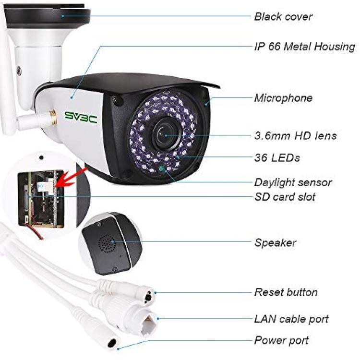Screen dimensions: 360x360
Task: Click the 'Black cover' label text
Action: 283,16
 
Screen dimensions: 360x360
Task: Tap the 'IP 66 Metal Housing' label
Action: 305,47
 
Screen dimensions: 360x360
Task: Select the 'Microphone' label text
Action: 283,98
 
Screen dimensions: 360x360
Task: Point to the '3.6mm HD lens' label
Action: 296,135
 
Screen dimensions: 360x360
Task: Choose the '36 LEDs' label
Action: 277,158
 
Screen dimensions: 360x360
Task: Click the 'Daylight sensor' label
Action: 293,182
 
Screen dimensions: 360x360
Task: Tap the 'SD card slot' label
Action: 285,197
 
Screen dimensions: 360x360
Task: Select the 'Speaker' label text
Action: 276,243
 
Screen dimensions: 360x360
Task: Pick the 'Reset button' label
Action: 286,292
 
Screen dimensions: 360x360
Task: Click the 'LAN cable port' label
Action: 291,319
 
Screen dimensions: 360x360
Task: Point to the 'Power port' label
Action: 281,340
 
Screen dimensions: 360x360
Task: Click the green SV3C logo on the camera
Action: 81,117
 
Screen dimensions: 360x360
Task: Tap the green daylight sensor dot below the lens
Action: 161,168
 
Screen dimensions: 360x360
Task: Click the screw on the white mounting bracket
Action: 19,71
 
